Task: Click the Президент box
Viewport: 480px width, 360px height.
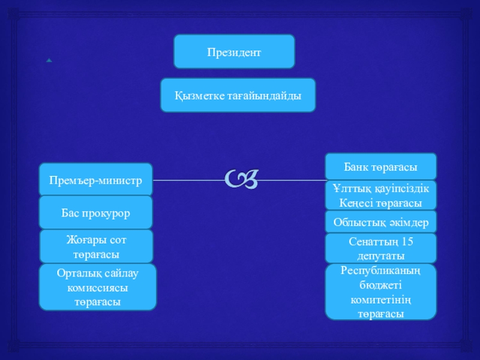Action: coord(234,52)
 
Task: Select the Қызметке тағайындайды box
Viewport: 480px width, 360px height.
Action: coord(238,95)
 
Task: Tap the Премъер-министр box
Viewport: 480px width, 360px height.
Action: coord(96,179)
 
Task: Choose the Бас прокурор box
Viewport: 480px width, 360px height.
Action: coord(96,212)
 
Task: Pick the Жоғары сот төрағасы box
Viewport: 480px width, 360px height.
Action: coord(96,247)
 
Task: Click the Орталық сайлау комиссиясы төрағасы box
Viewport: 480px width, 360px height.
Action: coord(97,287)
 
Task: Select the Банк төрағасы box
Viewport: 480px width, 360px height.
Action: coord(380,166)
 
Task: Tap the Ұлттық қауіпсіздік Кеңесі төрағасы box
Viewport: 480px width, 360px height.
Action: coord(380,196)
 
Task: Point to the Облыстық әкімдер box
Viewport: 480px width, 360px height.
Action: coord(380,222)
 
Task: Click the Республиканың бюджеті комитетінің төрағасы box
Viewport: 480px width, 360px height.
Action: coord(380,292)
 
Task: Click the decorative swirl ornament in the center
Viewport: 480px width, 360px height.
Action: coord(243,178)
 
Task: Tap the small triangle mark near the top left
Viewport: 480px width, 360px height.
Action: coord(48,61)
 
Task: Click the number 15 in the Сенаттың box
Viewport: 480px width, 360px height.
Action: coord(407,242)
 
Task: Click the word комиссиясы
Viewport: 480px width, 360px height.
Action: coord(97,288)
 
